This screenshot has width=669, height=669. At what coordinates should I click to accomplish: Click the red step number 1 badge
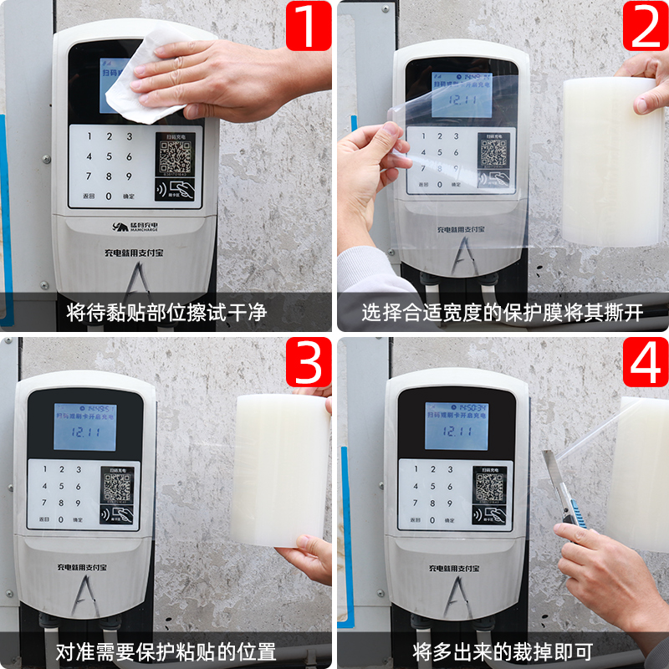tap(308, 25)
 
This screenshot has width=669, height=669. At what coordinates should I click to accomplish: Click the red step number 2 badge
tap(645, 25)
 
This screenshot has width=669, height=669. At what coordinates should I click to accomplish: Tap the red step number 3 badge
tap(308, 362)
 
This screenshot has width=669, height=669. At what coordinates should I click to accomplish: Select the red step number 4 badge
tap(645, 362)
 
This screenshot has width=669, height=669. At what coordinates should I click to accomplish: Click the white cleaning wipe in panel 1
tap(142, 79)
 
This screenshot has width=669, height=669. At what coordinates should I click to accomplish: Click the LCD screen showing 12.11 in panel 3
tap(84, 431)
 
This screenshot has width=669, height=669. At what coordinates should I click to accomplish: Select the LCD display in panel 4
tap(457, 426)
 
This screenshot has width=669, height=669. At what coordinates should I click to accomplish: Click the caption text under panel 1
tap(166, 313)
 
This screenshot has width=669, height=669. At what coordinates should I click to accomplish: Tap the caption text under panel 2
tap(503, 313)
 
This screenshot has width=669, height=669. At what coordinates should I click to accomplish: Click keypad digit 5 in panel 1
tap(110, 156)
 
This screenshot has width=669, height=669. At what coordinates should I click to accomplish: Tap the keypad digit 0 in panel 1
tap(109, 197)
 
